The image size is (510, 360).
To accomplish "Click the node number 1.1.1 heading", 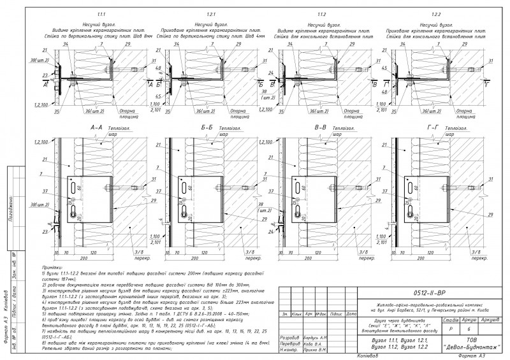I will click(101, 13).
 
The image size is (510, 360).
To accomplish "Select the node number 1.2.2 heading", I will click(435, 13).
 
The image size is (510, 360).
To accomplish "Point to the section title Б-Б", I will click(207, 127).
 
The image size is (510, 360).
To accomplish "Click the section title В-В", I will click(320, 127).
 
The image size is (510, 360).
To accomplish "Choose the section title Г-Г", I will click(433, 127).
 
